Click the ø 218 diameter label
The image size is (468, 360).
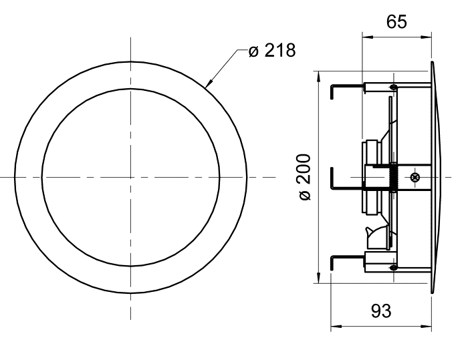click(x=271, y=51)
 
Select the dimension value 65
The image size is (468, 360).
click(x=396, y=22)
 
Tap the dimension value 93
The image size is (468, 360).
click(x=381, y=311)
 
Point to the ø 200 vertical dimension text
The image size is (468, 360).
click(x=305, y=177)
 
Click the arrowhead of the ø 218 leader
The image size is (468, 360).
click(x=208, y=86)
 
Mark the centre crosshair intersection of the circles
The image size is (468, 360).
click(x=131, y=177)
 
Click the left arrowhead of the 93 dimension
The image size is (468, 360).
click(x=334, y=327)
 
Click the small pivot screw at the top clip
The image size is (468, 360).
click(x=394, y=87)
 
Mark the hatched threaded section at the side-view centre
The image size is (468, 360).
click(x=394, y=177)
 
